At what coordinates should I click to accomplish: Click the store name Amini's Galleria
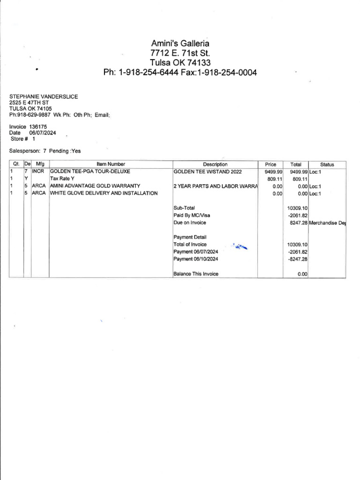(180, 44)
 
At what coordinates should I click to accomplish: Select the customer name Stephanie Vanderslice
(44, 97)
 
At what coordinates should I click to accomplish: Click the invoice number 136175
(38, 127)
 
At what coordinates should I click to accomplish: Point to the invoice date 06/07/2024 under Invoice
(43, 133)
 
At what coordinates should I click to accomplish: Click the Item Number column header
(111, 165)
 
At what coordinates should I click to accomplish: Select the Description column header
(215, 165)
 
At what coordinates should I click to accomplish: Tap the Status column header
(327, 165)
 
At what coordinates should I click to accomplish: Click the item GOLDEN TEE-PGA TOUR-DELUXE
(90, 172)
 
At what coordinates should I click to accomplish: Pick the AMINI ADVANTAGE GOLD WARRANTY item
(95, 186)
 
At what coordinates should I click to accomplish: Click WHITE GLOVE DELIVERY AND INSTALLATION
(104, 193)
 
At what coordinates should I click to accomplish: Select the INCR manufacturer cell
(38, 172)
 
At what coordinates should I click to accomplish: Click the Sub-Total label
(184, 208)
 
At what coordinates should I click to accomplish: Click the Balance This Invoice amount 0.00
(302, 274)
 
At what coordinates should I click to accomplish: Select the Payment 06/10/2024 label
(195, 259)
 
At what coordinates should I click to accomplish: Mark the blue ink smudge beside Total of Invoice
(240, 247)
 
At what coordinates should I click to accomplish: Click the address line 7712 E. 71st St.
(180, 53)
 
